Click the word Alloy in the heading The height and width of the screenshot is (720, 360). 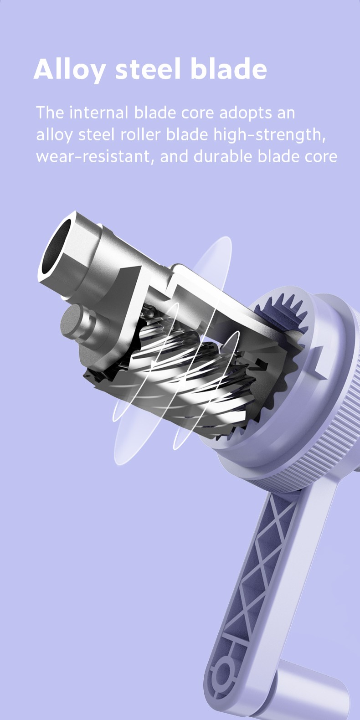pos(70,69)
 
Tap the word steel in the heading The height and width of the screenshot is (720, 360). pos(148,69)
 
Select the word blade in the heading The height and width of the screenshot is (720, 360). pos(229,69)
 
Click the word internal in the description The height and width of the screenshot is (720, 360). pos(99,113)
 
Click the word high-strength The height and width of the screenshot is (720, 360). pos(269,135)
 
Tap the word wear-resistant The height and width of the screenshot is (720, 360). pos(93,157)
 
